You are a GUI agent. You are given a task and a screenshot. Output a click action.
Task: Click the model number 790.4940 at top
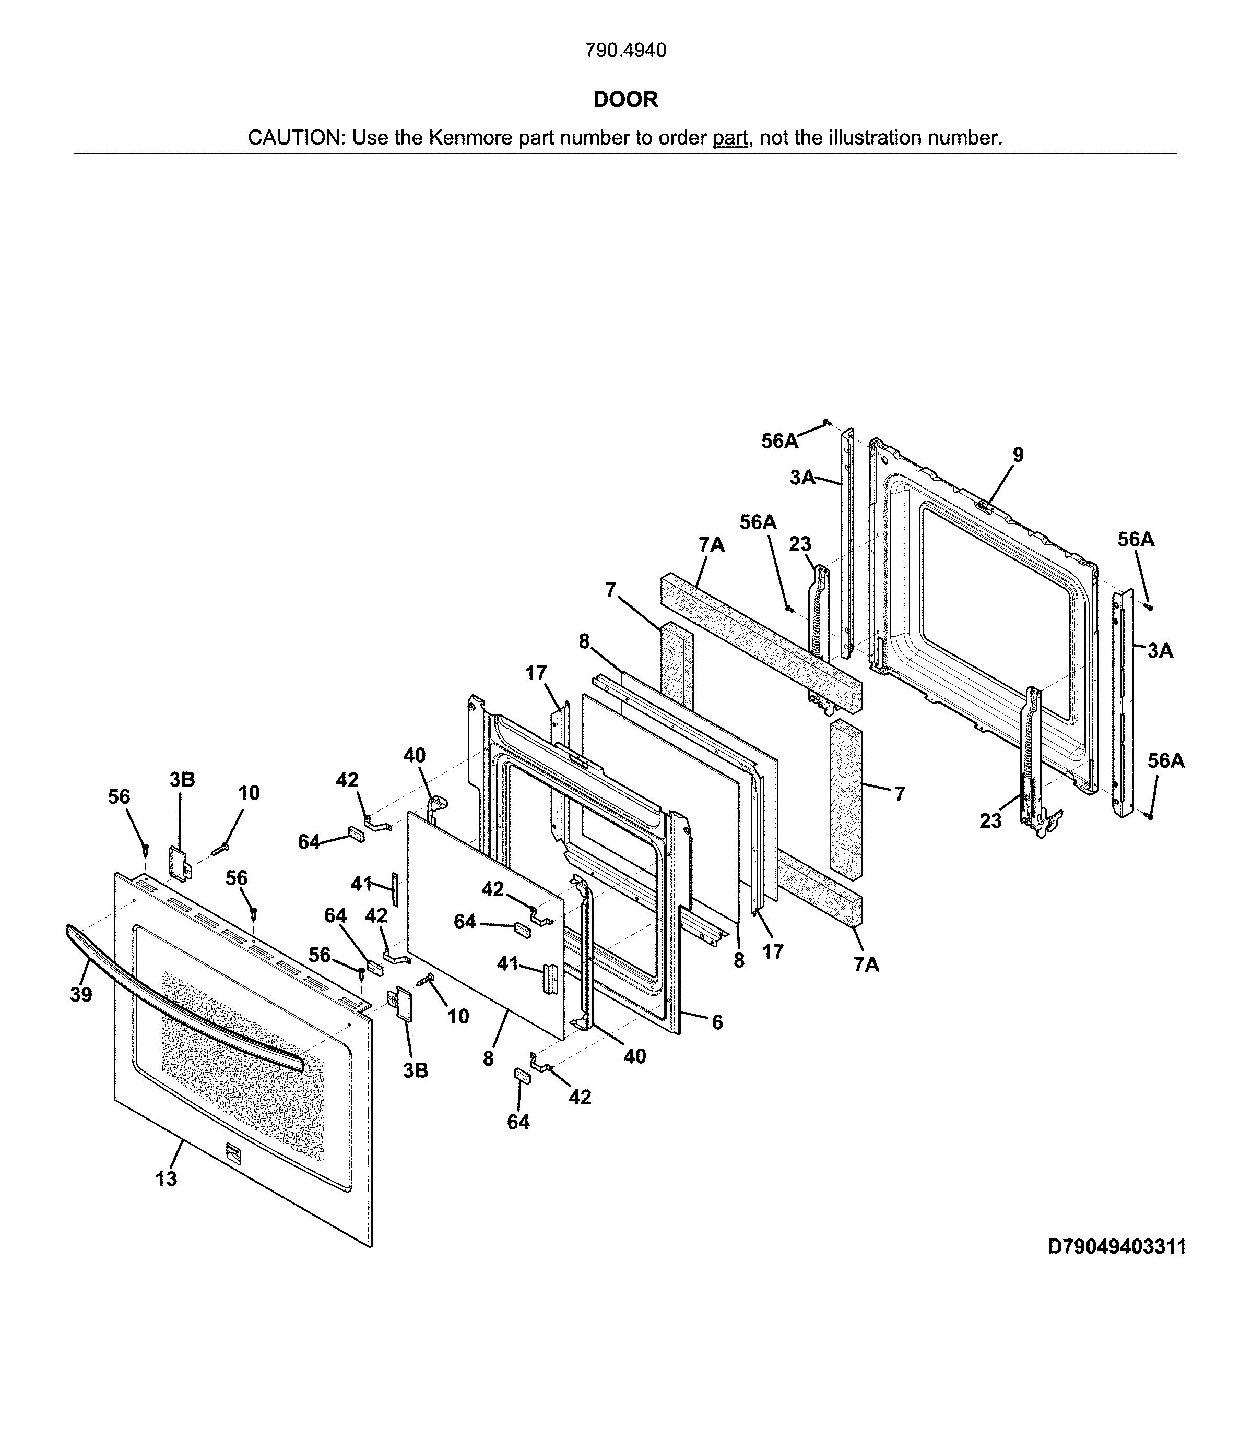coord(625,50)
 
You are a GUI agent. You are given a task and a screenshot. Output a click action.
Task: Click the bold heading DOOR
coord(625,99)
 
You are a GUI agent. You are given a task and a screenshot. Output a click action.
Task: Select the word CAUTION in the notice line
coord(293,138)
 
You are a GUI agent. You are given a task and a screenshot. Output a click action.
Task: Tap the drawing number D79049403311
coord(1116,1247)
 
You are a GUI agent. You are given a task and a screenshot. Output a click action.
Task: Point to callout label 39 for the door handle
coord(81,994)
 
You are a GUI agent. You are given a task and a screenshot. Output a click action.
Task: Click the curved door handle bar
coord(175,992)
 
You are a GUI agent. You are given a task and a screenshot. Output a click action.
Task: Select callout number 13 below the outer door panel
coord(166,1179)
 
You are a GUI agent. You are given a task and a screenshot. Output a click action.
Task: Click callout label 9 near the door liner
coord(1018,455)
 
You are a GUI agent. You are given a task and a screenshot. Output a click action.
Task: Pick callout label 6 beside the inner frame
coord(717,1022)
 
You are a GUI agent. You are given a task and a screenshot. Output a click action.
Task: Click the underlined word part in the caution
coord(729,138)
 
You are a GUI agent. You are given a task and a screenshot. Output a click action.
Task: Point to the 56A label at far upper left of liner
coord(779,440)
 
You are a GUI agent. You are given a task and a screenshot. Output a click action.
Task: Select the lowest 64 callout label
coord(518,1123)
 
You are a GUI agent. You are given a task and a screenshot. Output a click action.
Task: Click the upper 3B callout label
coord(182,780)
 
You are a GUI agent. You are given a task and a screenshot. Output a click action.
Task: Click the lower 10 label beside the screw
coord(458,1016)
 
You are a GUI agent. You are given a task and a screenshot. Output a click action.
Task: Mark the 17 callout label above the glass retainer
coord(536,673)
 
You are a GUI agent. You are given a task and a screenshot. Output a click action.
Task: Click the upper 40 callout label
coord(415,755)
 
